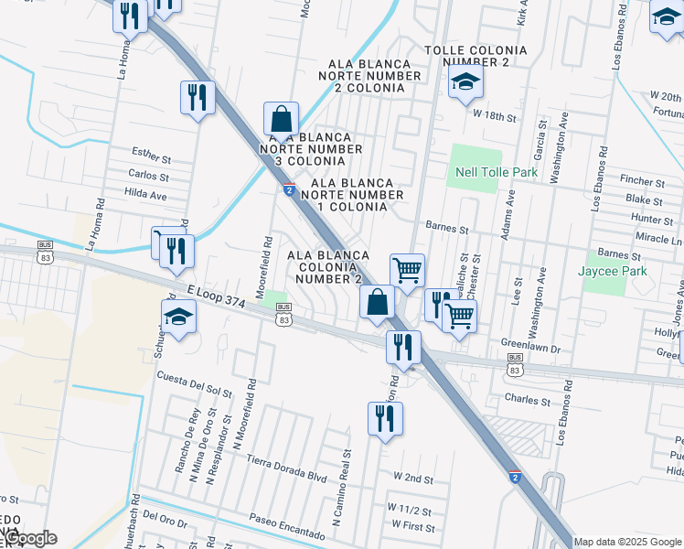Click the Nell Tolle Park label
coord(497,172)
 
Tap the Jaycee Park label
coord(612,271)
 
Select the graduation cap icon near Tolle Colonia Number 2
coord(465,84)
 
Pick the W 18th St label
coord(495,117)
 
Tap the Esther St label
coord(151,153)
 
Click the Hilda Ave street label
coord(146,195)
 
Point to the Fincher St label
coord(642,183)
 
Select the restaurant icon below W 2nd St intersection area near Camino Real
coord(384,419)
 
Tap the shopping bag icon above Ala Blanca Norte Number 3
coord(281,119)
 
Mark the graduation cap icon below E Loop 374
coord(178,318)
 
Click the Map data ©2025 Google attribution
coord(628,542)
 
